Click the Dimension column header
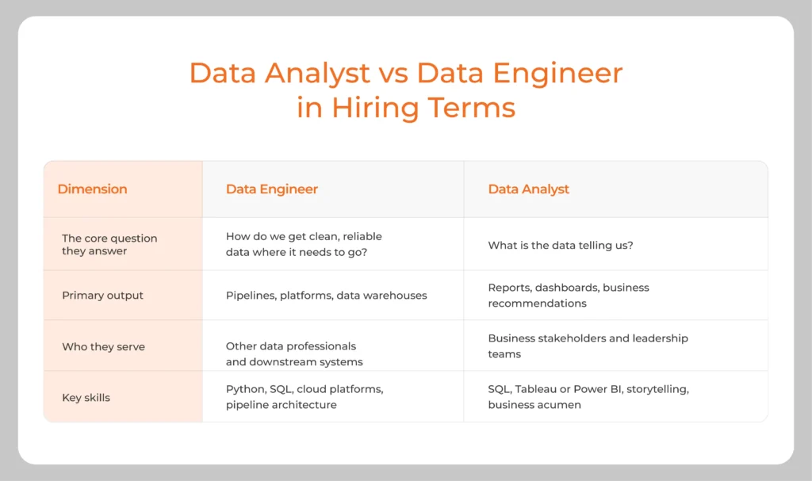point(92,189)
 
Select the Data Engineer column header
point(271,189)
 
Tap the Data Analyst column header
point(528,189)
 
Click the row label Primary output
point(102,296)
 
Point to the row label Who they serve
point(103,346)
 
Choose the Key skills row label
point(86,397)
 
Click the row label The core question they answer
point(109,244)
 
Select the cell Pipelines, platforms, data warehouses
point(326,296)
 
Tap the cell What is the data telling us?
point(560,246)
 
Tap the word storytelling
point(657,390)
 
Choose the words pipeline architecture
point(281,405)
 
